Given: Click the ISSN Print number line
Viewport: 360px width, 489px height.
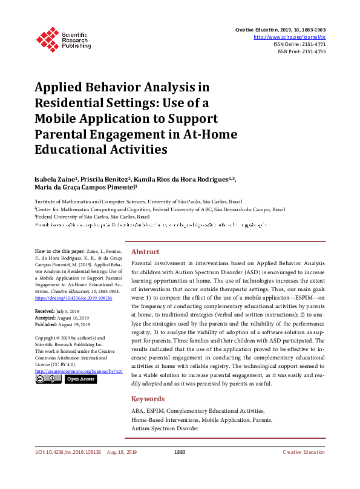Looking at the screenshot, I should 301,51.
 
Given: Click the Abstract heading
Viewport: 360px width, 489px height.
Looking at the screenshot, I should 145,252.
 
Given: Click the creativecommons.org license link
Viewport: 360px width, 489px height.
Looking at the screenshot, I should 79,370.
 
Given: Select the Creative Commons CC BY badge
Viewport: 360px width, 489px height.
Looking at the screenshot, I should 48,379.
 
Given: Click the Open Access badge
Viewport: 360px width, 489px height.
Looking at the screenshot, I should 80,379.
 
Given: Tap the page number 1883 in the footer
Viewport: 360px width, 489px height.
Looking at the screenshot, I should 179,469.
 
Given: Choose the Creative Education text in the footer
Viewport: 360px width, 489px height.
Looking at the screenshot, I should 304,469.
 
